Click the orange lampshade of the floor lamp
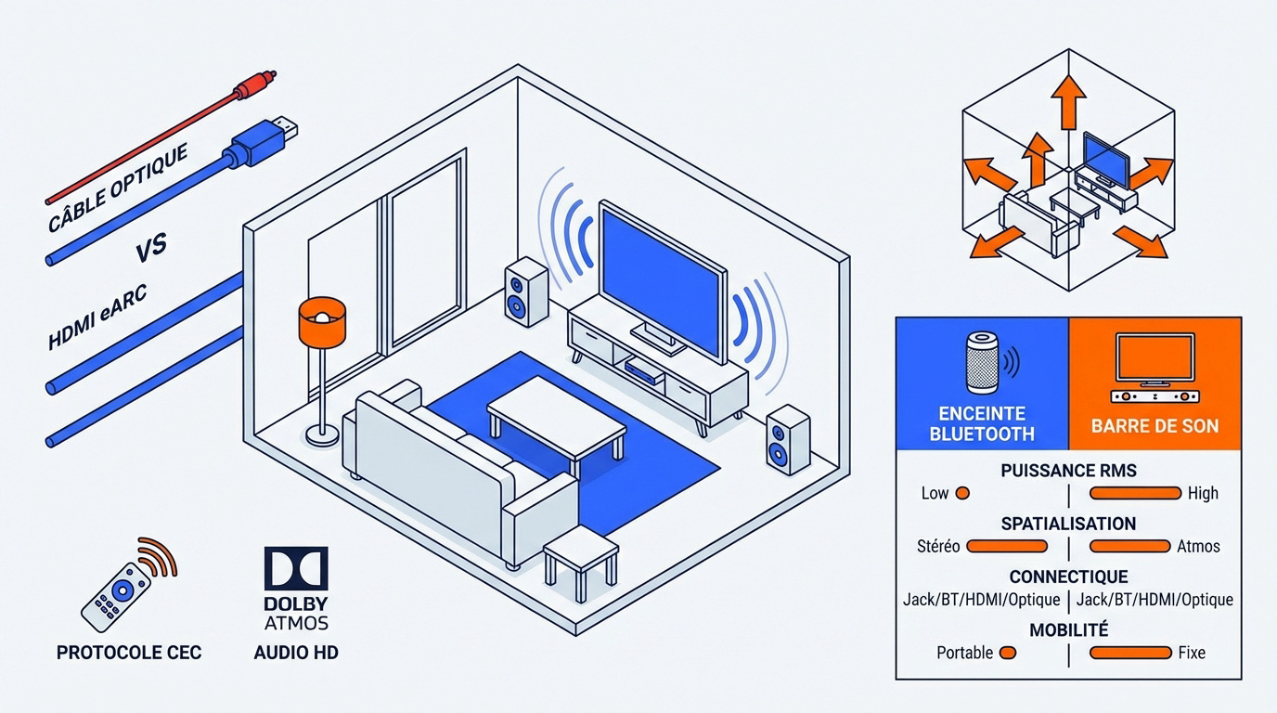point(322,320)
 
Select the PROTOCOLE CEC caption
point(128,653)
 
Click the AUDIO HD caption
point(296,653)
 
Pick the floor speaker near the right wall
point(788,440)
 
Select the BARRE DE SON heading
point(1155,427)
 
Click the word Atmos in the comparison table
point(1198,546)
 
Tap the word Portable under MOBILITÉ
point(964,653)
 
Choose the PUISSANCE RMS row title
point(1068,471)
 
